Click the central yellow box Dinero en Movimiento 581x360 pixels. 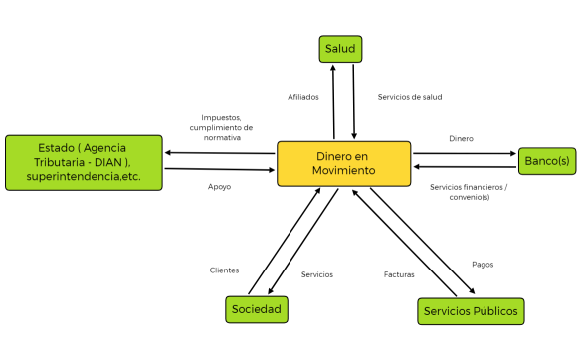coord(343,163)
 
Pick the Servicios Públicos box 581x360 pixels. coord(470,311)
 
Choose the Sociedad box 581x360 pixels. coord(256,309)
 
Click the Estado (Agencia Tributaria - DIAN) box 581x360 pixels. coord(84,162)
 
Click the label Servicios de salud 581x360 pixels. coord(410,97)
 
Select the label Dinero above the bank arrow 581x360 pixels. coord(461,138)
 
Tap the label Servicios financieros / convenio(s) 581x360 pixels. coord(469,192)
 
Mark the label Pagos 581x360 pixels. coord(483,264)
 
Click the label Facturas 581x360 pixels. coord(399,273)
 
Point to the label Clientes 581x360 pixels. coord(224,270)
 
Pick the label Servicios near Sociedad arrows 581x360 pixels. coord(316,273)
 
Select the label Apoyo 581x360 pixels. coord(220,186)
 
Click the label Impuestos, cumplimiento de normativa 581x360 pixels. coord(221,127)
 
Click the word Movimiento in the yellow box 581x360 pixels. coord(343,171)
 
